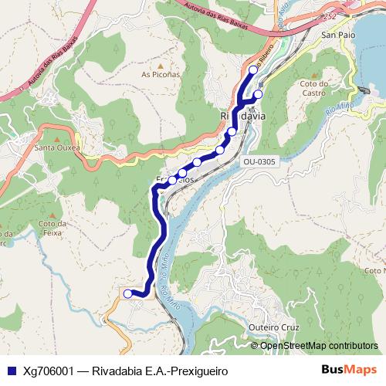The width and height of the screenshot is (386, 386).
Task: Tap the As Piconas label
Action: click(161, 75)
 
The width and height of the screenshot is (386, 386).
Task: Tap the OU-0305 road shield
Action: click(259, 161)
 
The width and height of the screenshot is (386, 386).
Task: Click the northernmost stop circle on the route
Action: click(252, 70)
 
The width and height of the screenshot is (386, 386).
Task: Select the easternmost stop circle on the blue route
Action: click(258, 94)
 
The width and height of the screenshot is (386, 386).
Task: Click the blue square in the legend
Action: click(11, 370)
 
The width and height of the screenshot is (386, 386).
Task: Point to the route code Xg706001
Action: click(52, 370)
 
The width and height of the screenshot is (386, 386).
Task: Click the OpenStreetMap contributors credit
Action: click(319, 346)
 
